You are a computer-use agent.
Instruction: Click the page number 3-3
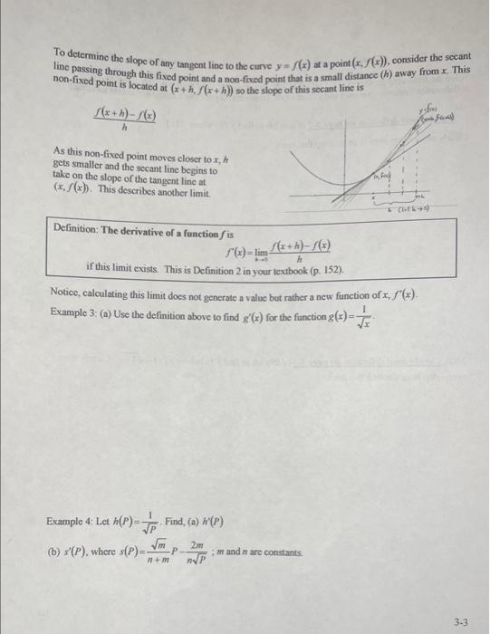tap(461, 623)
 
